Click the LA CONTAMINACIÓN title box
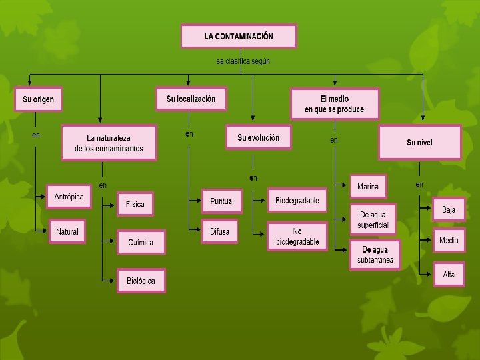[x=239, y=36]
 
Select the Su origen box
[x=38, y=99]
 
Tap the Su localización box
[x=191, y=99]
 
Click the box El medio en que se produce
[x=335, y=104]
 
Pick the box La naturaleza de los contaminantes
[x=109, y=143]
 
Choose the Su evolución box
[x=259, y=138]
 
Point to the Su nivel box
[x=419, y=143]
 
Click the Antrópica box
[x=69, y=197]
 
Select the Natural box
[x=67, y=231]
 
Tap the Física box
[x=135, y=205]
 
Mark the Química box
[x=141, y=243]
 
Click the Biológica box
[x=141, y=281]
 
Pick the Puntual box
[x=222, y=201]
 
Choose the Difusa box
[x=219, y=231]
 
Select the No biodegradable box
[x=297, y=237]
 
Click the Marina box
[x=367, y=187]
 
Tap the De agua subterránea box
[x=375, y=254]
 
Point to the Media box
[x=449, y=241]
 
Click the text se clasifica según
[x=243, y=61]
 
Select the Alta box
[x=449, y=274]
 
